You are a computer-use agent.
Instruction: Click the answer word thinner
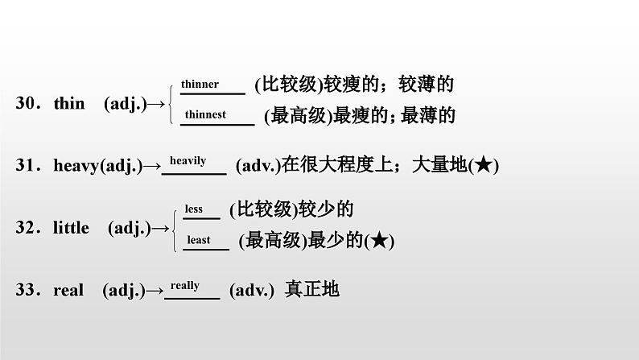tap(200, 85)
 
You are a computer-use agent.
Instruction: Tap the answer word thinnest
tap(204, 114)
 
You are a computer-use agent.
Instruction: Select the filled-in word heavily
tap(188, 161)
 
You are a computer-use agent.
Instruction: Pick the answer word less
tap(194, 209)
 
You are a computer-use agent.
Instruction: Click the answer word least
tap(198, 239)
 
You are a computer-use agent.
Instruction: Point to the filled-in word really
tap(185, 286)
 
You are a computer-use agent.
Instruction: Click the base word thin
tap(68, 103)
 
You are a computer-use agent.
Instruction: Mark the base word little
tap(71, 228)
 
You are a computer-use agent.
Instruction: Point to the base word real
tap(68, 291)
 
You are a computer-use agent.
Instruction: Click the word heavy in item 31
tap(76, 166)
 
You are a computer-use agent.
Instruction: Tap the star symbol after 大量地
tap(483, 166)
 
